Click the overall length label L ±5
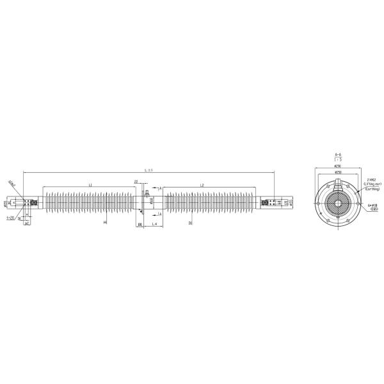(149, 170)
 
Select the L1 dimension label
(90, 184)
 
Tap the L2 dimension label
(202, 184)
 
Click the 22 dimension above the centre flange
(136, 182)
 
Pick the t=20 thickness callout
(10, 218)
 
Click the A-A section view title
(337, 155)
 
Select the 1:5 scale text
(337, 160)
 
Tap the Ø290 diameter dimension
(337, 166)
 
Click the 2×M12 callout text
(371, 180)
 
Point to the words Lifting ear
(372, 184)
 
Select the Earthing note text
(372, 189)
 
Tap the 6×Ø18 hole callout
(373, 206)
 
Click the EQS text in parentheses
(373, 211)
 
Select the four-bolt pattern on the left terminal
(28, 202)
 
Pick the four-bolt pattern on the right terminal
(273, 202)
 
